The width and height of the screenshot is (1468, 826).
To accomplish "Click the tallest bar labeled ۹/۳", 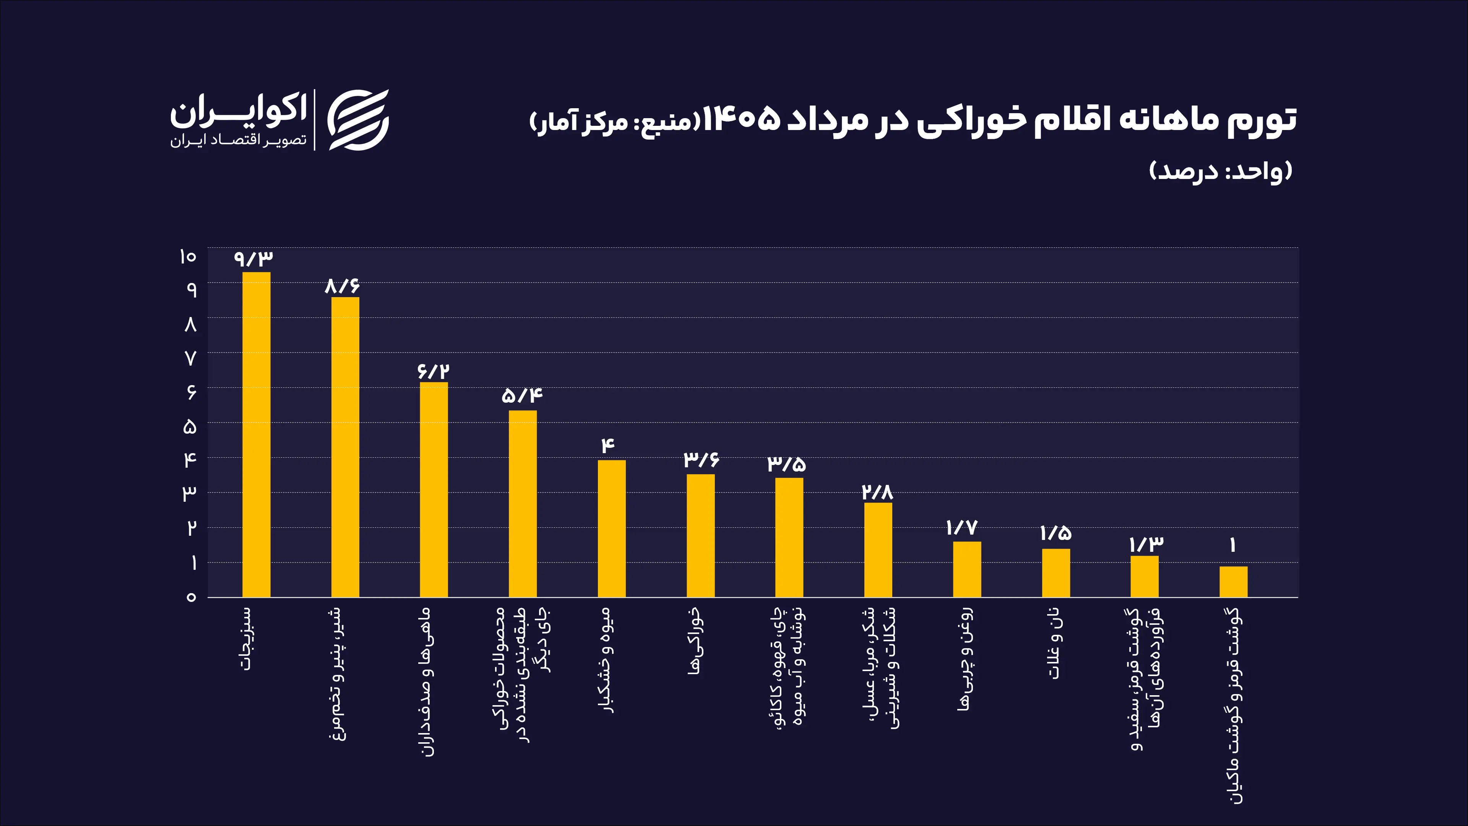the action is (257, 434).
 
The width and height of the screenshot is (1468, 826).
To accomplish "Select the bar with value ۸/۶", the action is (345, 447).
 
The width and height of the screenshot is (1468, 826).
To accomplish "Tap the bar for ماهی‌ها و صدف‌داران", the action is (434, 489).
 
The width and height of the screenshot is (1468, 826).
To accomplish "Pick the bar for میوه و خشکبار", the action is (612, 528).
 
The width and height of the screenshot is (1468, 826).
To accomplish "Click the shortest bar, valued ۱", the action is (1233, 581).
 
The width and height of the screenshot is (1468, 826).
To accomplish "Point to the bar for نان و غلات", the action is (1056, 573).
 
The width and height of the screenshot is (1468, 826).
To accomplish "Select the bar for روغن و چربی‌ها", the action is (967, 569).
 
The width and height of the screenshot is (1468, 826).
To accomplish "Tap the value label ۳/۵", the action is (786, 463).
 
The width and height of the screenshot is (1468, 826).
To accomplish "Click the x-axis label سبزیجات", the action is (247, 638).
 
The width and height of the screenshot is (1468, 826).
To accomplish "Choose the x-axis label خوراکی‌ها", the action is (695, 641).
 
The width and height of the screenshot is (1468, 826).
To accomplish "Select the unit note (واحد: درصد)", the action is (1221, 171).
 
